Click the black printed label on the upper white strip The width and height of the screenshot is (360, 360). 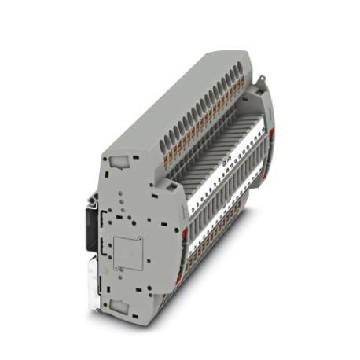pyautogui.click(x=226, y=163)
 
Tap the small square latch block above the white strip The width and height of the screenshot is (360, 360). pyautogui.click(x=172, y=186)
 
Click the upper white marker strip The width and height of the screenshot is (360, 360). pyautogui.click(x=220, y=169)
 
